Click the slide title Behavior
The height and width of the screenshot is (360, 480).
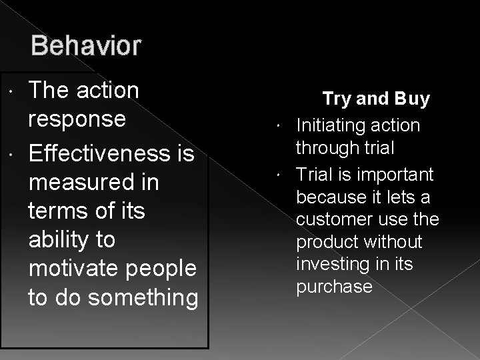[x=86, y=47]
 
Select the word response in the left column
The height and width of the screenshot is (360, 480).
[x=77, y=119]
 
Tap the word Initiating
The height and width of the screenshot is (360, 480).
[x=330, y=125]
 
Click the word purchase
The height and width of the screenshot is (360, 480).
[x=334, y=287]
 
